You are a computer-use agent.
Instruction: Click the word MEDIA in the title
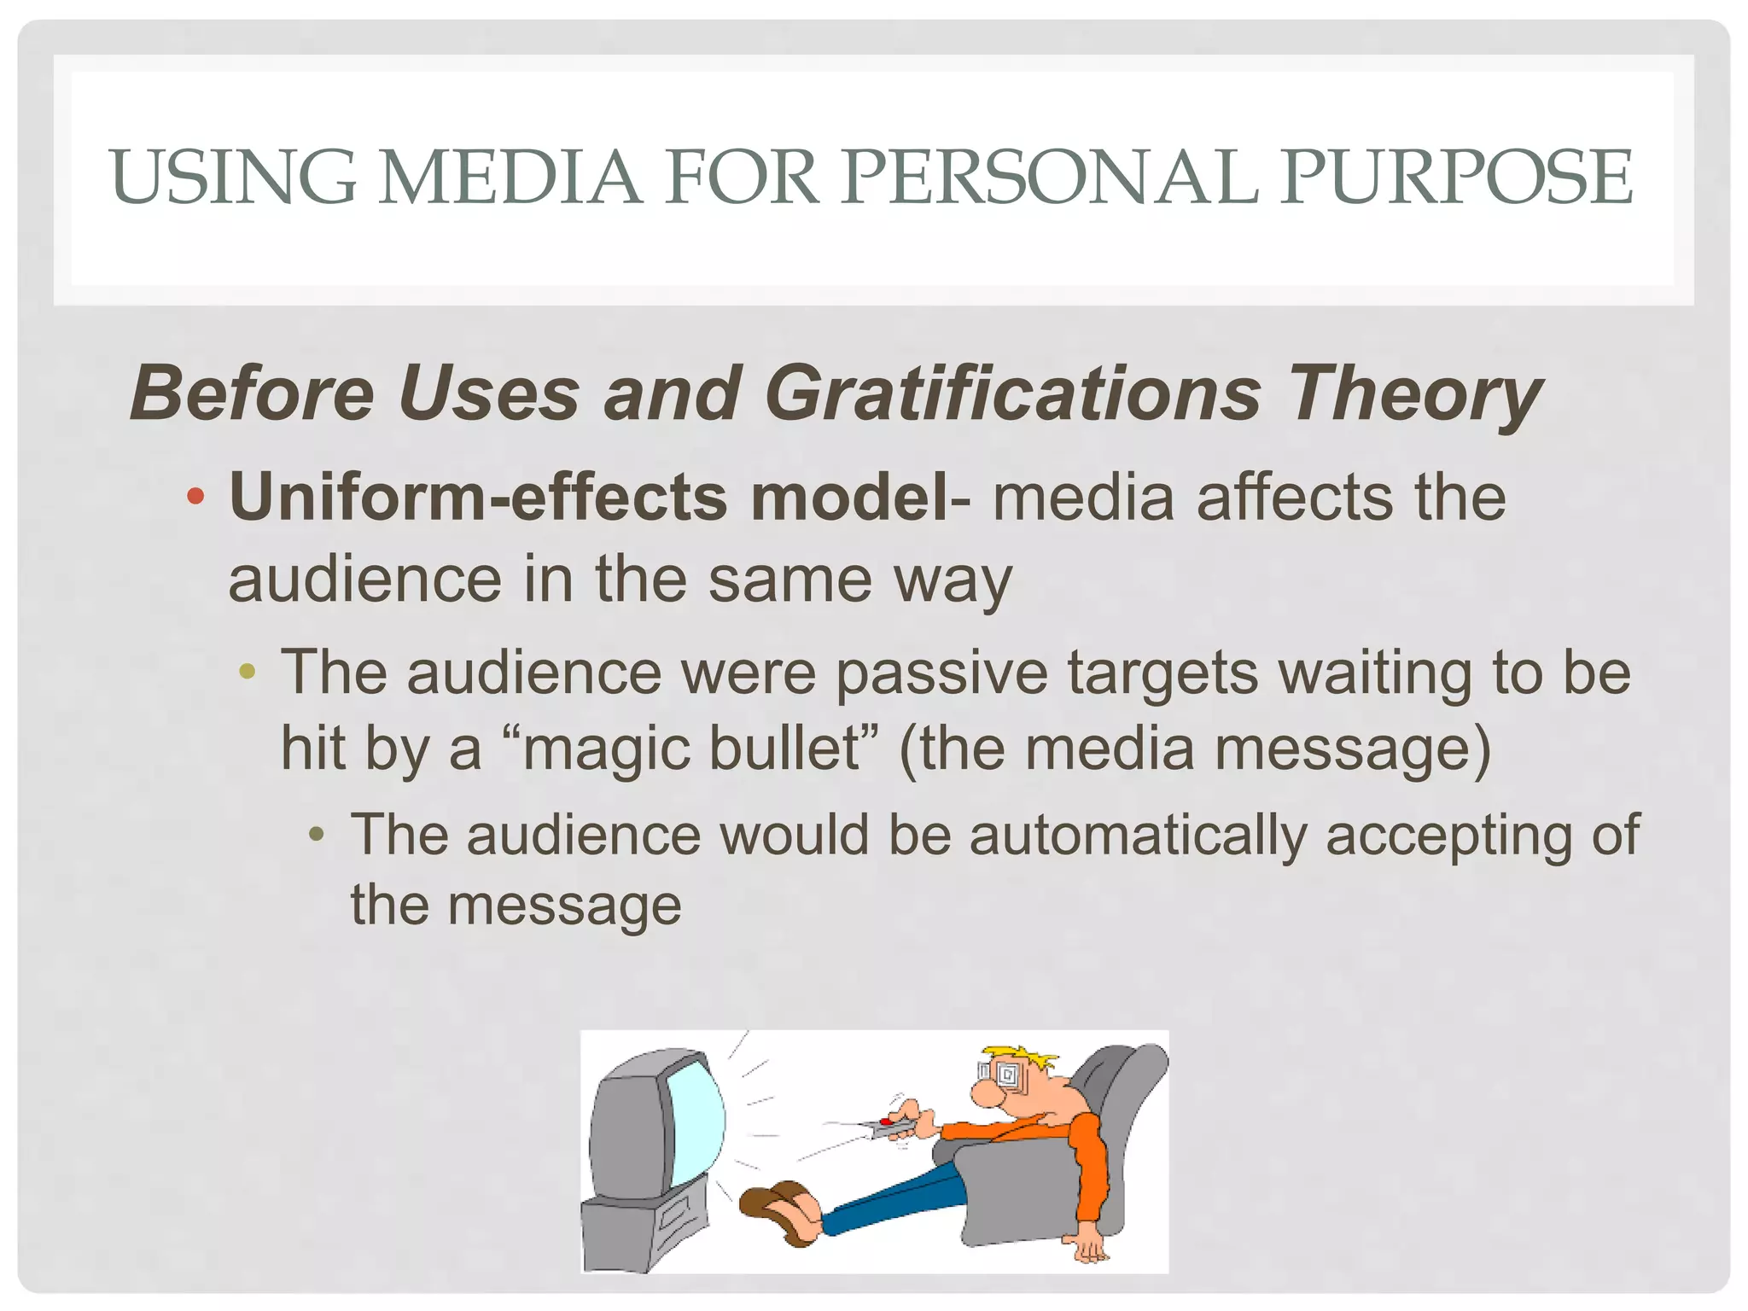510,177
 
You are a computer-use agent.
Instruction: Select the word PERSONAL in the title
1049,177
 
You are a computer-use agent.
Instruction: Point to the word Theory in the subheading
1414,393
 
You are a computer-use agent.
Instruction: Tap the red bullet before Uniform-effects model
195,497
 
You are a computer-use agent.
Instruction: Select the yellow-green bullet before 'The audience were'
248,672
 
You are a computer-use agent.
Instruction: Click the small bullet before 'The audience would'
317,834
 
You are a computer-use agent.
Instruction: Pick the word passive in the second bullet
941,673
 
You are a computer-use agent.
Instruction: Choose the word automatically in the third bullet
1138,834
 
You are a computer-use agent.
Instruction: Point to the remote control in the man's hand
888,1126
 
